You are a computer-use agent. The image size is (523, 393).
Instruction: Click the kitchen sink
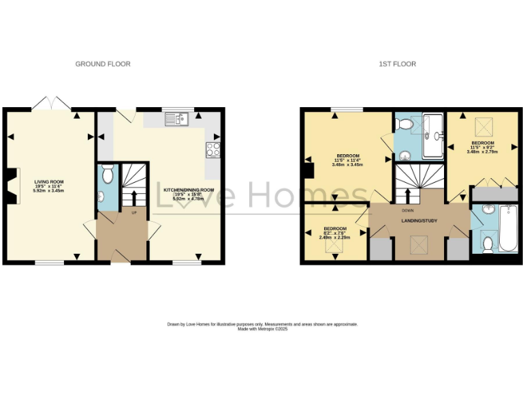(x=175, y=120)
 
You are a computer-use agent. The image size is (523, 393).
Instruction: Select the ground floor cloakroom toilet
(x=106, y=176)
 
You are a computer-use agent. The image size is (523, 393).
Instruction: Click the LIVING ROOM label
(x=48, y=181)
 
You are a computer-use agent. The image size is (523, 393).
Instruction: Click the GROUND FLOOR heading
(x=103, y=64)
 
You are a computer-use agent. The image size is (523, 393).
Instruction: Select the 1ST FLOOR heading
(x=398, y=64)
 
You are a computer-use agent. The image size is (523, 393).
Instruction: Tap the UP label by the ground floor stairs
(x=134, y=213)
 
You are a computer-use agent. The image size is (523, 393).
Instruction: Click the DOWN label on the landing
(x=409, y=210)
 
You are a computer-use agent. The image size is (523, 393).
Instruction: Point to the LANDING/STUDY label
(x=419, y=221)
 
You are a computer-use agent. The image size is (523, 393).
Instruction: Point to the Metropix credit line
(x=262, y=329)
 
